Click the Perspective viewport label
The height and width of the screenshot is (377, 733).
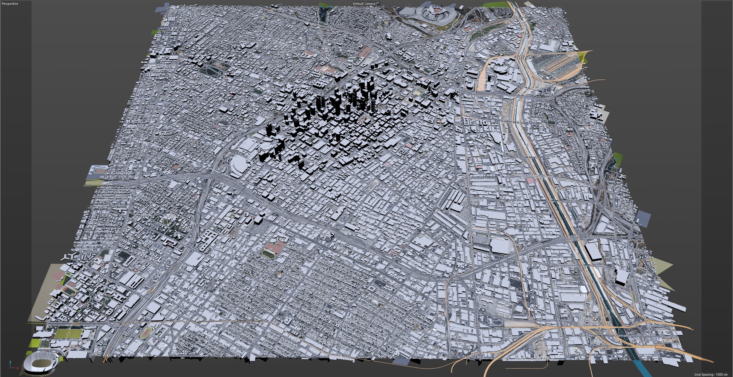10,3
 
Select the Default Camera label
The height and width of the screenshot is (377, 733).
364,3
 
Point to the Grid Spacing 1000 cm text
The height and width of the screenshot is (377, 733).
711,374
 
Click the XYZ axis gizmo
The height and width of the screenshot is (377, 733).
13,366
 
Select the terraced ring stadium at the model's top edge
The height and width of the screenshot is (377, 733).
428,13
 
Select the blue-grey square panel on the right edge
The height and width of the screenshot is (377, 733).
644,219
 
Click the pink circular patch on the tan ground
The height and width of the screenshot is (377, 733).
58,276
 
